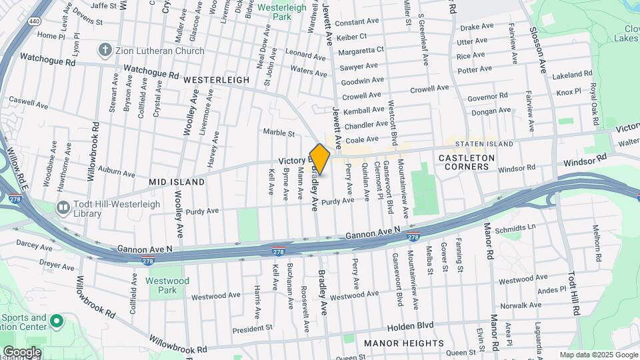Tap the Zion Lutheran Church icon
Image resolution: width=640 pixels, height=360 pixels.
pyautogui.click(x=105, y=49)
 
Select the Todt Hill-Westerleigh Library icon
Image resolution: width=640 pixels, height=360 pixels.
pyautogui.click(x=63, y=209)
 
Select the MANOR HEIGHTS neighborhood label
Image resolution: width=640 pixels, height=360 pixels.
pyautogui.click(x=404, y=343)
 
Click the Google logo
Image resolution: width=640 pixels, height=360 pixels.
pyautogui.click(x=21, y=352)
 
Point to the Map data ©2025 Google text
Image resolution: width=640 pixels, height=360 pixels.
pyautogui.click(x=597, y=355)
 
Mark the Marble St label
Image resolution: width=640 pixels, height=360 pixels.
pyautogui.click(x=279, y=133)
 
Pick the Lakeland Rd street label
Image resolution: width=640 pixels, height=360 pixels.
pyautogui.click(x=573, y=75)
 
